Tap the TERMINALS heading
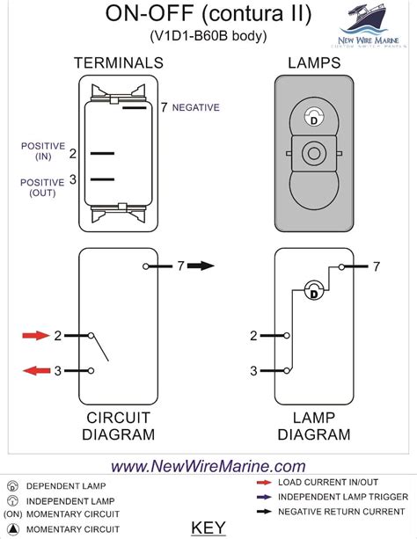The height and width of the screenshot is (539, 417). pos(119,63)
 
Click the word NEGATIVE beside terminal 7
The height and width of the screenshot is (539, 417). pos(195,107)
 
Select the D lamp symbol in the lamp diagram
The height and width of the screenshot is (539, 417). pos(312,291)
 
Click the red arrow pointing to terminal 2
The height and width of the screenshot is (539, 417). pos(36,336)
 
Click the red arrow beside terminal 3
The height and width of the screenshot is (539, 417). pos(36,370)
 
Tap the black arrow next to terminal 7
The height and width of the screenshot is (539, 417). pos(201,266)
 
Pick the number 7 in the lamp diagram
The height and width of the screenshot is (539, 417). pos(376,266)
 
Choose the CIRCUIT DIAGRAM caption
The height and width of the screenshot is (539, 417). pos(120,426)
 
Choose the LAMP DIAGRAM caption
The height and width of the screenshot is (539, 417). pos(313,426)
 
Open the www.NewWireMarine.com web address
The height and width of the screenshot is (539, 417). pos(208,466)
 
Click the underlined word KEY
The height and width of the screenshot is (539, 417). pos(208,528)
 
